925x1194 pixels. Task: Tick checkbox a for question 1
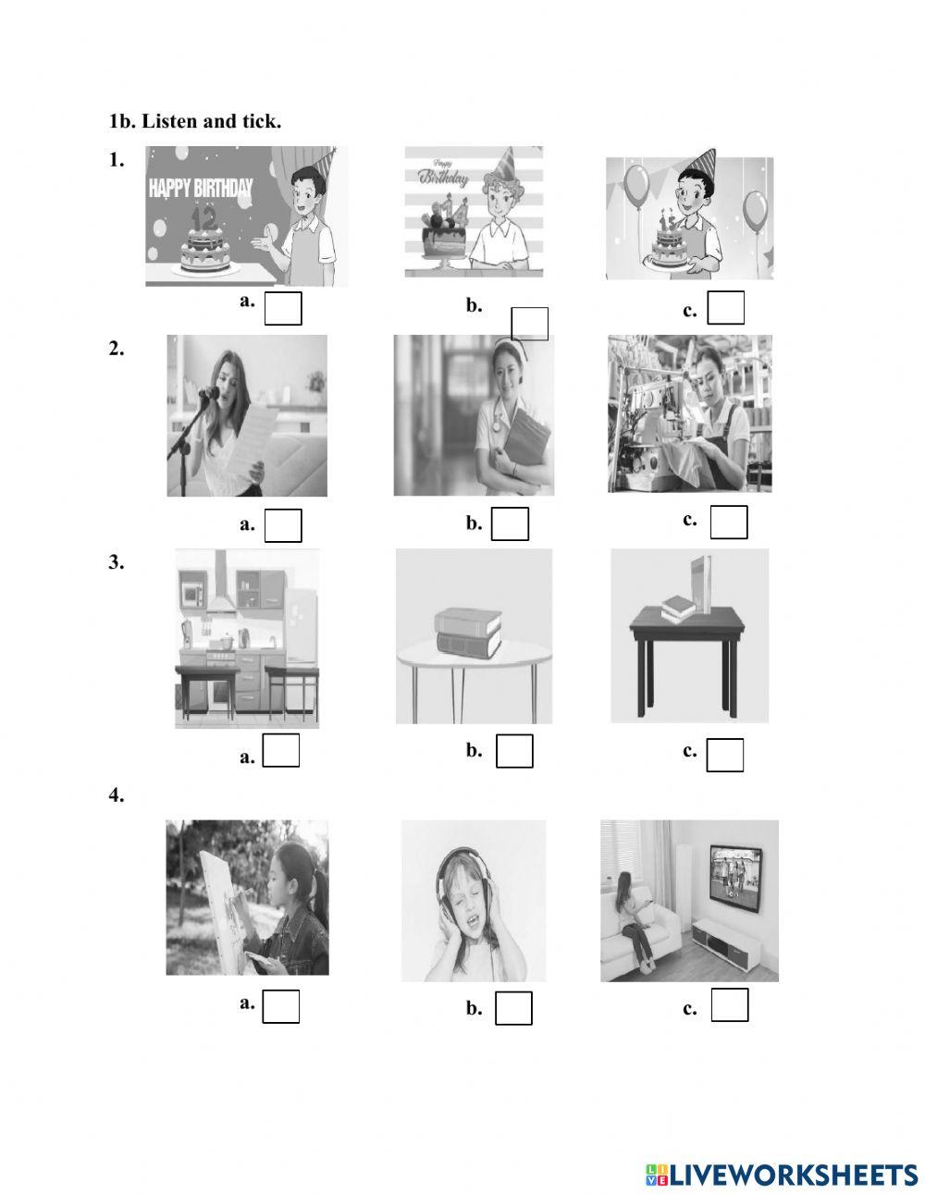point(283,309)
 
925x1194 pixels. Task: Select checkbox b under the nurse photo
point(510,524)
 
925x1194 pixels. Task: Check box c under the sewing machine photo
point(729,523)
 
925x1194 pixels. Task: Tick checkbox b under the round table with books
point(514,751)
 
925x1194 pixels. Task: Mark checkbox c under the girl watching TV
point(730,1005)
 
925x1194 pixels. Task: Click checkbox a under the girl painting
point(281,1007)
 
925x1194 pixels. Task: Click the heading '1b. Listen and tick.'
point(194,121)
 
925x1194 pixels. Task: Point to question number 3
point(116,562)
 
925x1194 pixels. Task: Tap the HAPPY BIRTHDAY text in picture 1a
point(201,190)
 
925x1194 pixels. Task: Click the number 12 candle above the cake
point(203,219)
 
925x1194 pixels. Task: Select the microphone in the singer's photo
point(209,393)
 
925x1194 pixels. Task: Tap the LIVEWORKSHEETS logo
point(782,1175)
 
